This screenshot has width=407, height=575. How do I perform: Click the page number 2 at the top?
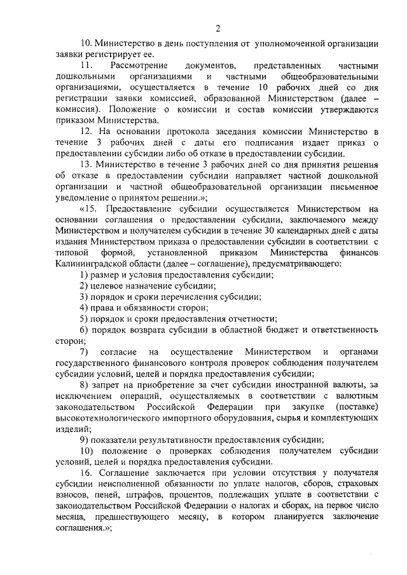pyautogui.click(x=217, y=28)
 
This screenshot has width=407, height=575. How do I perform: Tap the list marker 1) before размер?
pyautogui.click(x=83, y=274)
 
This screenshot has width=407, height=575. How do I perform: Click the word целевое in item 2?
pyautogui.click(x=105, y=285)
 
